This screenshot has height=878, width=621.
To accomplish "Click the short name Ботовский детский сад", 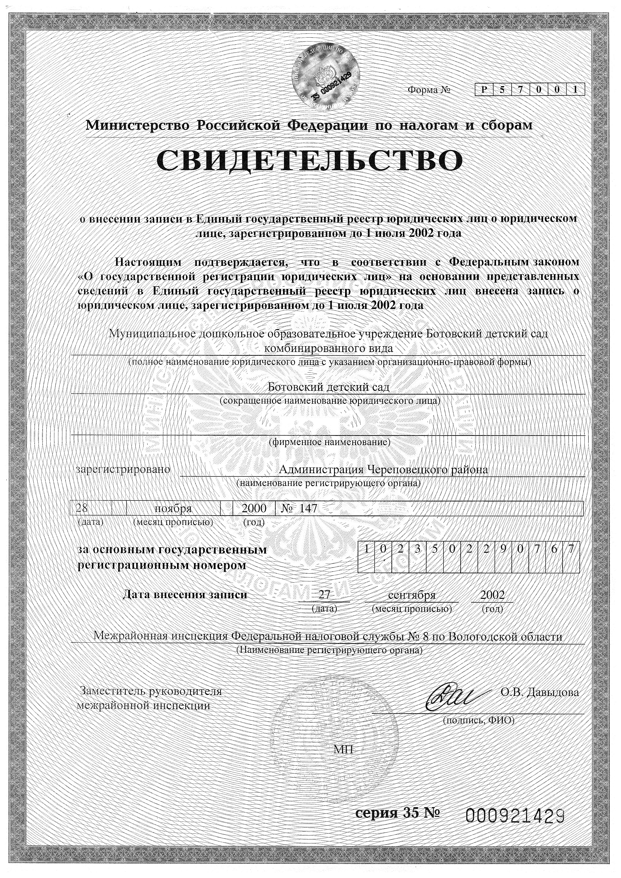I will tap(329, 387).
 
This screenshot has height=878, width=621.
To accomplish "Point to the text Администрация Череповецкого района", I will tap(384, 470).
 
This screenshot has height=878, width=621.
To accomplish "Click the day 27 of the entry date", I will tap(324, 595).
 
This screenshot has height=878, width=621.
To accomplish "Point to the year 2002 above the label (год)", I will tap(493, 595).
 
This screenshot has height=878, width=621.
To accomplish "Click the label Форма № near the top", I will tap(429, 90).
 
